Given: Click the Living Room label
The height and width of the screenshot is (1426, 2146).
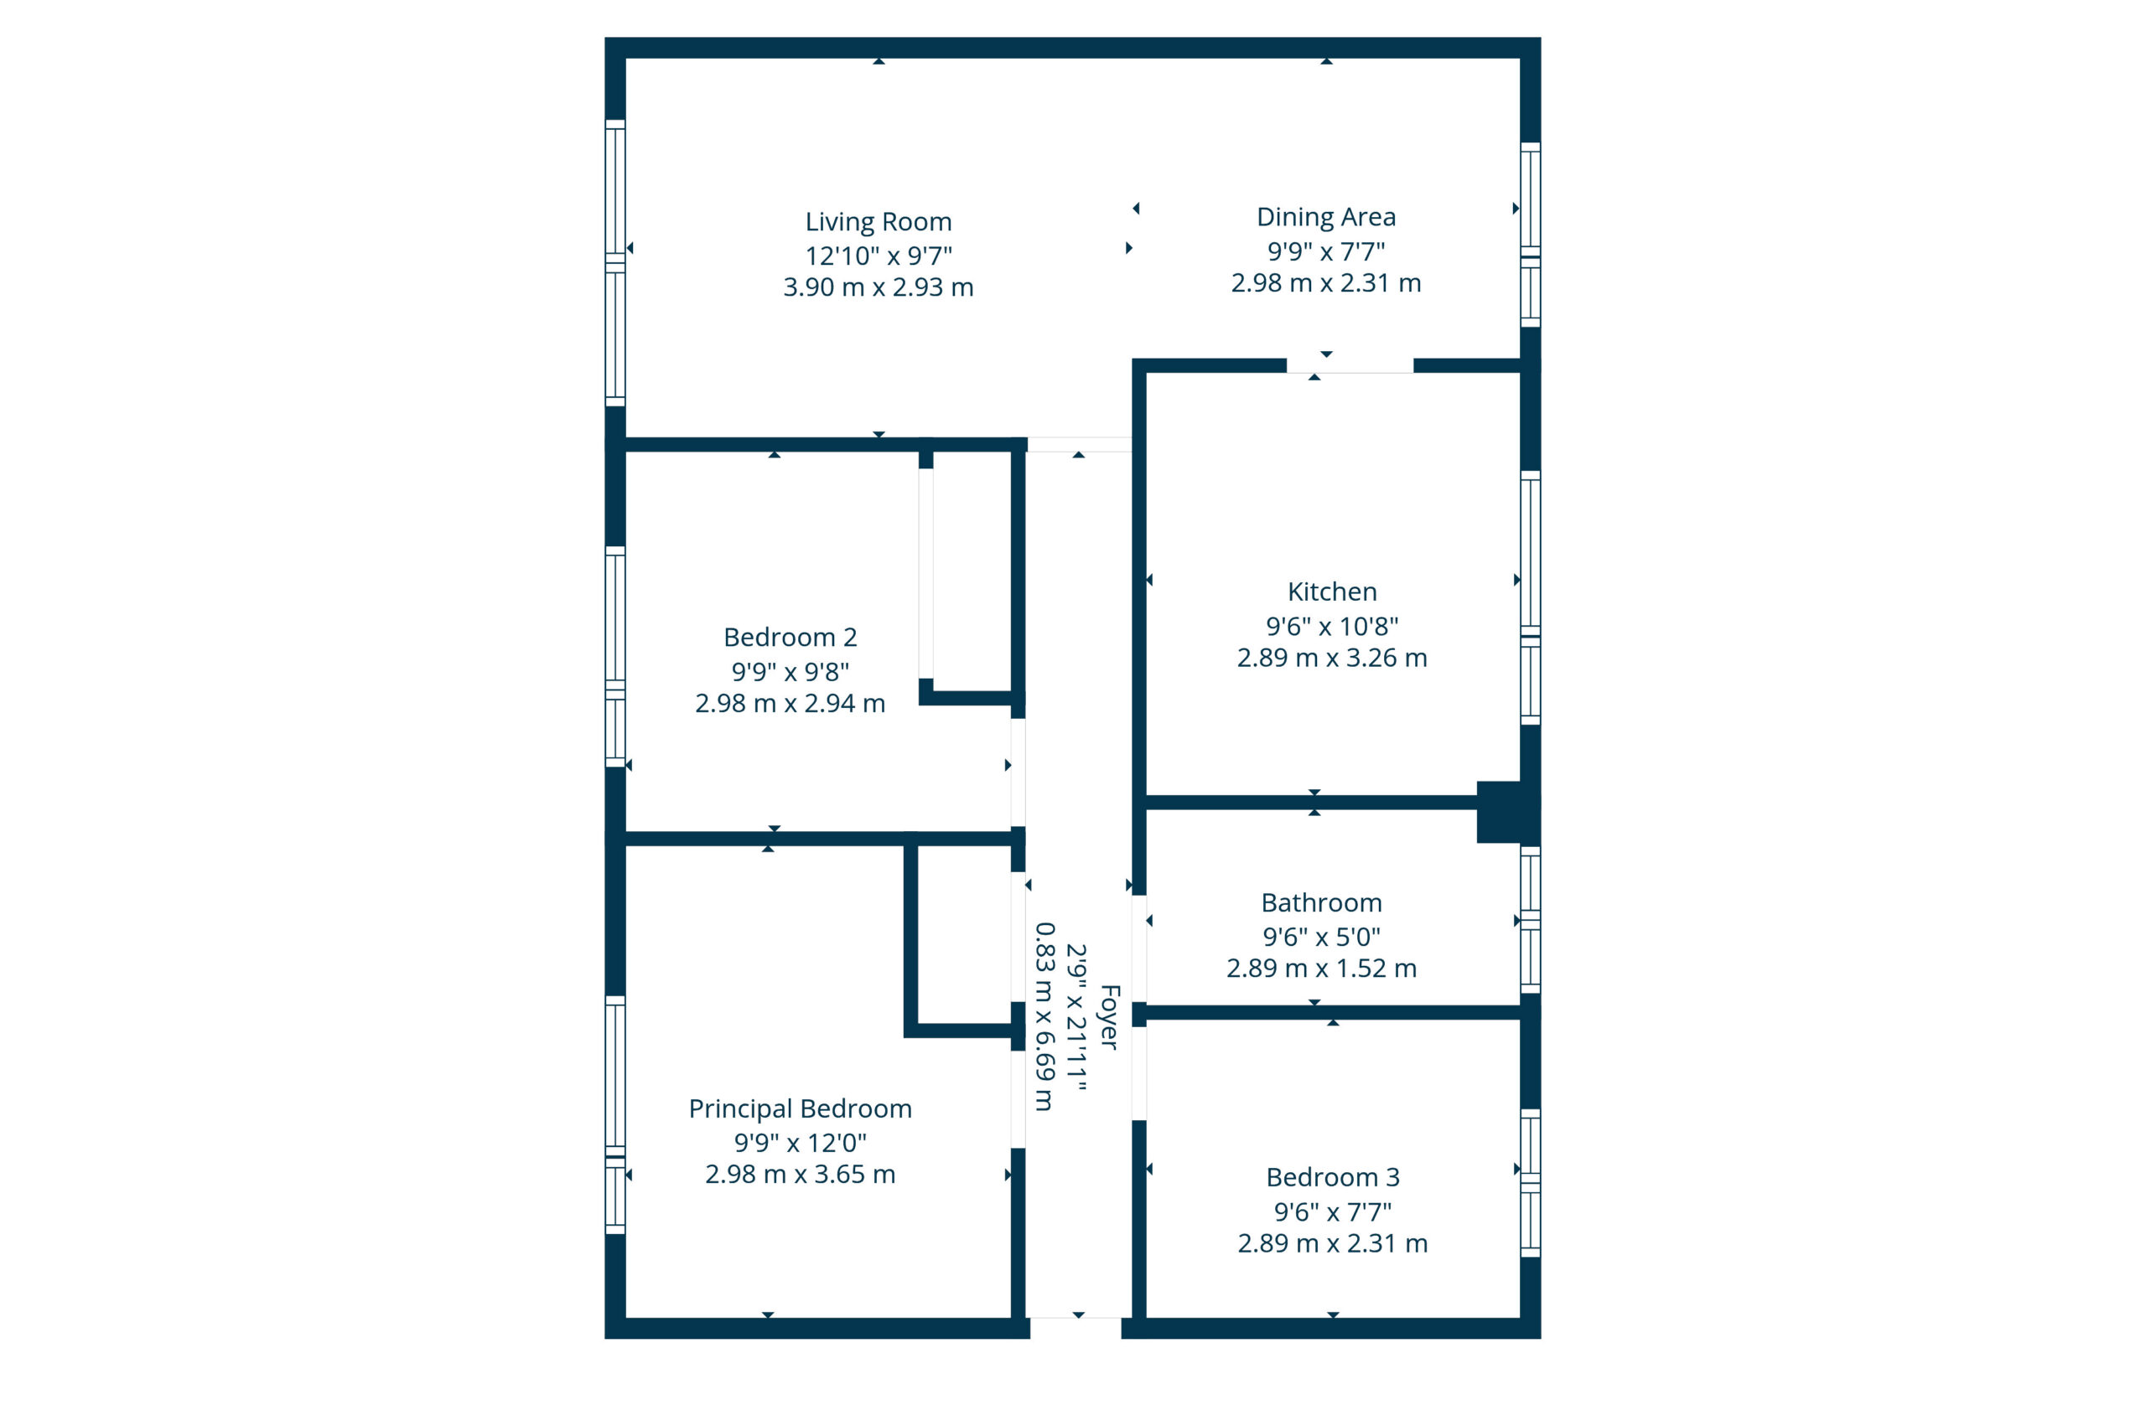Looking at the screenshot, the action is (x=878, y=222).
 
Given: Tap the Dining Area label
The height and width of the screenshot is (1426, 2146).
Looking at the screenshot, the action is (x=1325, y=217).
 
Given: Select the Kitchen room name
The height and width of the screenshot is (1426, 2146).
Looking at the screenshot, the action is (x=1332, y=592).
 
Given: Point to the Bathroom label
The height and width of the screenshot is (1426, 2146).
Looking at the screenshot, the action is (x=1321, y=903).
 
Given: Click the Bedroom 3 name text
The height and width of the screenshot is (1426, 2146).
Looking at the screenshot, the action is (x=1333, y=1178).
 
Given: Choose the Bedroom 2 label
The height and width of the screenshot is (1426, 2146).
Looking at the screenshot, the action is (x=790, y=638).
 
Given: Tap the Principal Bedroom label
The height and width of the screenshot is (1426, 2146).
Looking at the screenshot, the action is (x=800, y=1108).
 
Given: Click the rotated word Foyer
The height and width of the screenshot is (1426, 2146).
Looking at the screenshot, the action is (x=1109, y=1017).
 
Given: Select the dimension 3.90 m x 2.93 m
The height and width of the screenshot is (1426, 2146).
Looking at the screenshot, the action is (x=878, y=287).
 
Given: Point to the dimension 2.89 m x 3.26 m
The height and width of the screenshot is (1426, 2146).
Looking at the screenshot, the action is (x=1332, y=659).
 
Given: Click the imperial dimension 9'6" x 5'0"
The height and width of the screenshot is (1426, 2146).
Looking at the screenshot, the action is (x=1321, y=936).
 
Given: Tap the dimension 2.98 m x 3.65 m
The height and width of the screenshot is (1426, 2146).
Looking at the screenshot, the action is (x=800, y=1175).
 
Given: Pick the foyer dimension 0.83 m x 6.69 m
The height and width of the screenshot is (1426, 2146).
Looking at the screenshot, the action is (x=1045, y=1017).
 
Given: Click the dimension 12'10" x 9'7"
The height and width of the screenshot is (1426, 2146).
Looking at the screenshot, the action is (x=878, y=256).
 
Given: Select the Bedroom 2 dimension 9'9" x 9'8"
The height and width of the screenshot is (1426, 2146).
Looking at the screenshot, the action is (x=790, y=671).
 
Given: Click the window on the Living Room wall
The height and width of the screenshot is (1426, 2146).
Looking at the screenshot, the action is (x=615, y=263).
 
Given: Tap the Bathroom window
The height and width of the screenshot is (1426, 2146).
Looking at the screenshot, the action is (x=1530, y=920).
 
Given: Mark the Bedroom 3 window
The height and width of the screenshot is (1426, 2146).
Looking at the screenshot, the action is (x=1530, y=1183).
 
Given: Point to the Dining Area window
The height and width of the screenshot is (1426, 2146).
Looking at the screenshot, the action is (x=1530, y=235).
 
